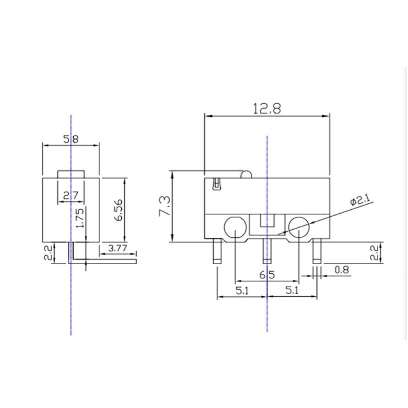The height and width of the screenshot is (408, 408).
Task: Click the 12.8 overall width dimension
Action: (267, 109)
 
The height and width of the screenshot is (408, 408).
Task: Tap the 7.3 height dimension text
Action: (165, 206)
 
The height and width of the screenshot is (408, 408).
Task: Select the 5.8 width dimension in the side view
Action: (71, 139)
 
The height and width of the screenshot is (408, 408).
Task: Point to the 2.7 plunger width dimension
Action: (71, 195)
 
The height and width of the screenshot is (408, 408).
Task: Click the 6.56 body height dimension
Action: (119, 210)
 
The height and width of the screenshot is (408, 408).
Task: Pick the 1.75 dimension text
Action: (80, 218)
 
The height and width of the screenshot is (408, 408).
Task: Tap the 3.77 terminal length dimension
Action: (118, 248)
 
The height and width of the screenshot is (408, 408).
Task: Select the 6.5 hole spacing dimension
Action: (267, 275)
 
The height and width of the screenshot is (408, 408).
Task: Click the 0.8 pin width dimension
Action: (342, 270)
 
